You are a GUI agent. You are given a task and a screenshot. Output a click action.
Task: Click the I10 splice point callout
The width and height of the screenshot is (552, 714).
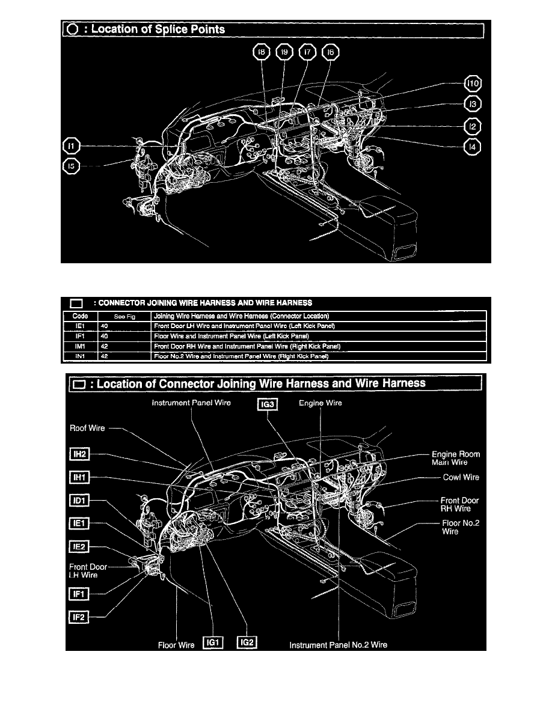click(473, 84)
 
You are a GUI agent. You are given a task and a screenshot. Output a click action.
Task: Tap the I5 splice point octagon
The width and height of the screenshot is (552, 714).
click(71, 166)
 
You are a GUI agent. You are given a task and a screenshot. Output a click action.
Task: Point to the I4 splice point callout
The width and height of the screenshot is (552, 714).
click(473, 147)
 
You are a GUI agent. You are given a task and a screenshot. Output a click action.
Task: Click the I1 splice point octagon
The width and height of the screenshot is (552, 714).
click(71, 145)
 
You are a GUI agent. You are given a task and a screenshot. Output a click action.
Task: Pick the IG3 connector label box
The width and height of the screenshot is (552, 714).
click(266, 404)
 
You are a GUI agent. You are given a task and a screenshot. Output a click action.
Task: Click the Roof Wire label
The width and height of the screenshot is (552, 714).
click(88, 429)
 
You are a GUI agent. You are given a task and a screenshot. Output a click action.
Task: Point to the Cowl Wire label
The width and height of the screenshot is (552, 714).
click(461, 477)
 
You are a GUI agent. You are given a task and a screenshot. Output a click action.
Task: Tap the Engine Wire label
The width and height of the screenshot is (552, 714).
click(320, 403)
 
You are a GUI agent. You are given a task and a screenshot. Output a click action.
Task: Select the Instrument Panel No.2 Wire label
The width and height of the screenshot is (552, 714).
click(339, 645)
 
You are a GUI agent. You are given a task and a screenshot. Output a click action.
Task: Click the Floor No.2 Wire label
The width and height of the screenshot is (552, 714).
click(460, 527)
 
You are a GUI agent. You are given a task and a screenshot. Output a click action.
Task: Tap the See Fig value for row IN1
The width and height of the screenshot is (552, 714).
click(105, 356)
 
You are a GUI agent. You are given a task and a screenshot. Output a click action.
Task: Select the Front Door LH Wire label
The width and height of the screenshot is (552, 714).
click(90, 570)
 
